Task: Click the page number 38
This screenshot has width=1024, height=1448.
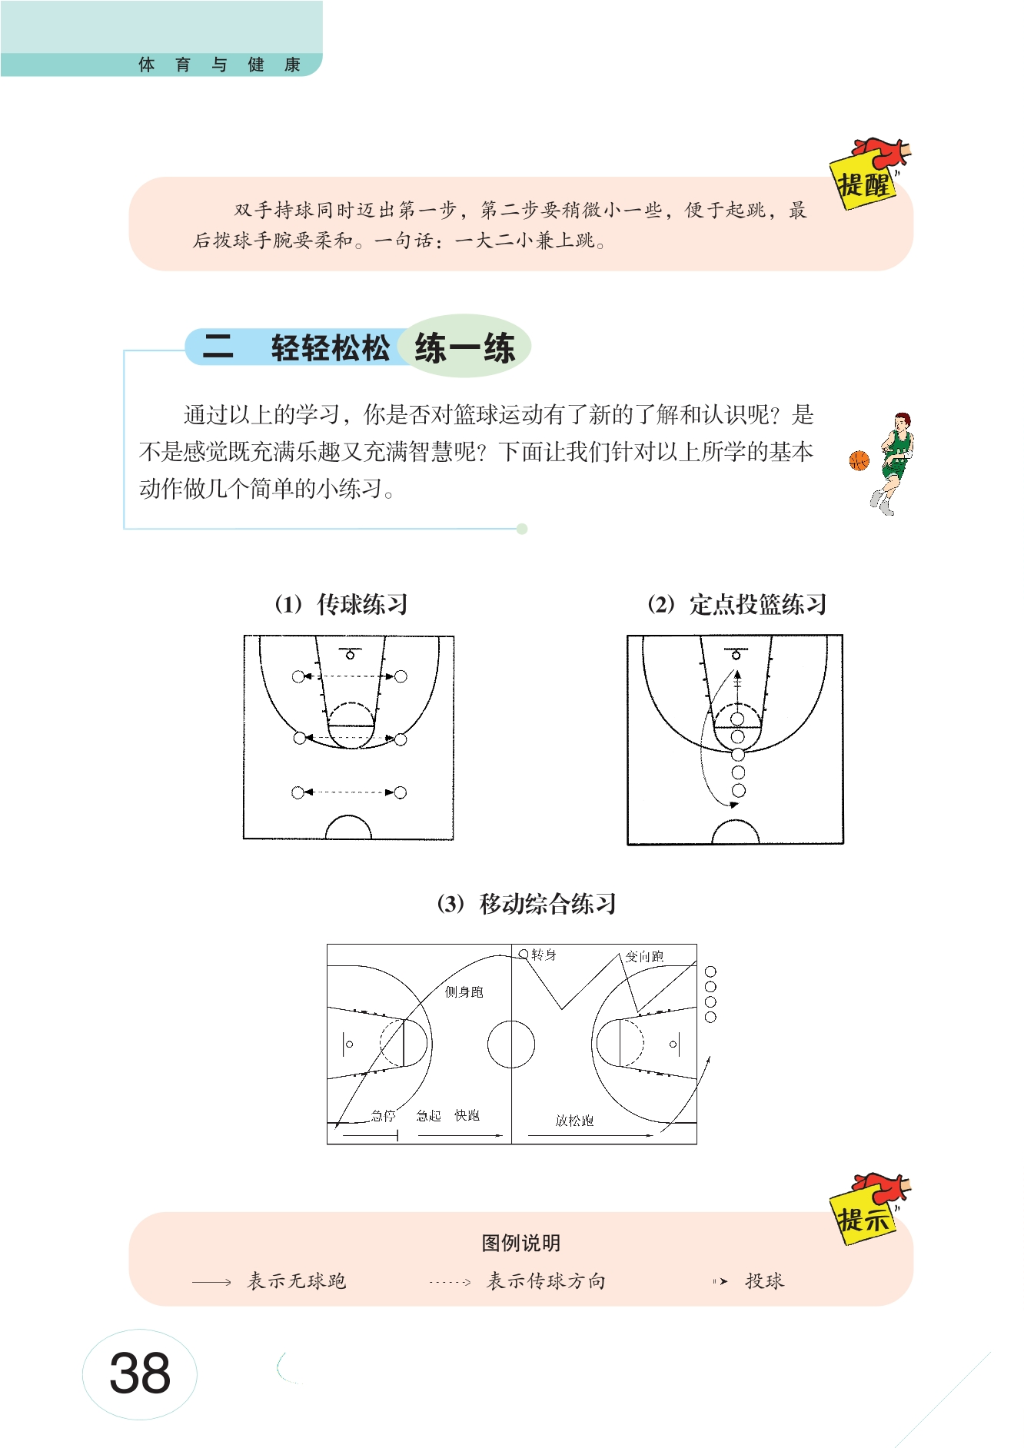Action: coord(140,1373)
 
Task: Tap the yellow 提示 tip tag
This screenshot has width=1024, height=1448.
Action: coord(864,1218)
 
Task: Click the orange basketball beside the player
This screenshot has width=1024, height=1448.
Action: coord(859,460)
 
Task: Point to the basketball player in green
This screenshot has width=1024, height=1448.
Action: coord(893,463)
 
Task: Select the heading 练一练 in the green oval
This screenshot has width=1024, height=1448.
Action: coord(464,348)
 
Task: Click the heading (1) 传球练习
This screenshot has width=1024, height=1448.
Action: coord(341,604)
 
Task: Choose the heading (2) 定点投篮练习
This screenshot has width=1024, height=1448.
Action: coord(737,604)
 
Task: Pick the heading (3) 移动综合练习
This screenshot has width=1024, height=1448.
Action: coord(527,903)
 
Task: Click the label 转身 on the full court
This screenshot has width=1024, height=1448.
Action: coord(544,955)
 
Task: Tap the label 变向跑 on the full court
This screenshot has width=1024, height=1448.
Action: coord(644,956)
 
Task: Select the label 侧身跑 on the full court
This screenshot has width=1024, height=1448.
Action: coord(464,991)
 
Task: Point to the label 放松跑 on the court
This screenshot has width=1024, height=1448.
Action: coord(574,1121)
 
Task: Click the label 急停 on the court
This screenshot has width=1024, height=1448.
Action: coord(383,1115)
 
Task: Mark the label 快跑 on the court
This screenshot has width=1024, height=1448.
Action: coord(467,1115)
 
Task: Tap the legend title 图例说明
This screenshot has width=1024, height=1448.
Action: coord(521,1243)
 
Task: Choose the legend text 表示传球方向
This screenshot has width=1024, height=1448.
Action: coord(547,1281)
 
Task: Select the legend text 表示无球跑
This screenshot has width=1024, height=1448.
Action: coord(297,1281)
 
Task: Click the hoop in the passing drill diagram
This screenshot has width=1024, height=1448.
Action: coord(351,655)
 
